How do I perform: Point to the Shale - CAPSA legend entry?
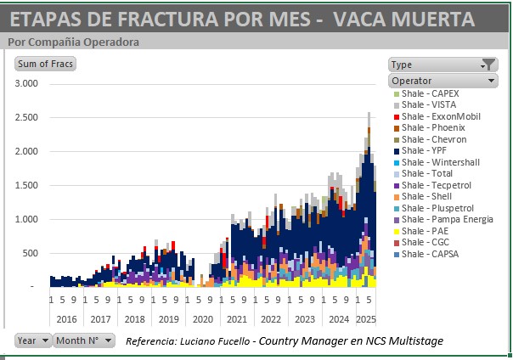point(431,254)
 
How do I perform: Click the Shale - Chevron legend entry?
point(434,138)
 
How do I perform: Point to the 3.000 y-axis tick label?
point(27,83)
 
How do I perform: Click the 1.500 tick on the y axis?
point(27,185)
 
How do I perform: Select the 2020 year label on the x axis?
point(203,319)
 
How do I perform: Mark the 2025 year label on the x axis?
point(365,319)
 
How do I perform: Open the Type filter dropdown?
point(442,65)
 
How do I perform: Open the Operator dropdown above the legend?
point(442,81)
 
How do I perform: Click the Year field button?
point(33,340)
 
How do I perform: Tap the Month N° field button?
point(84,340)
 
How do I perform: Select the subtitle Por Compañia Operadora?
point(73,42)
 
